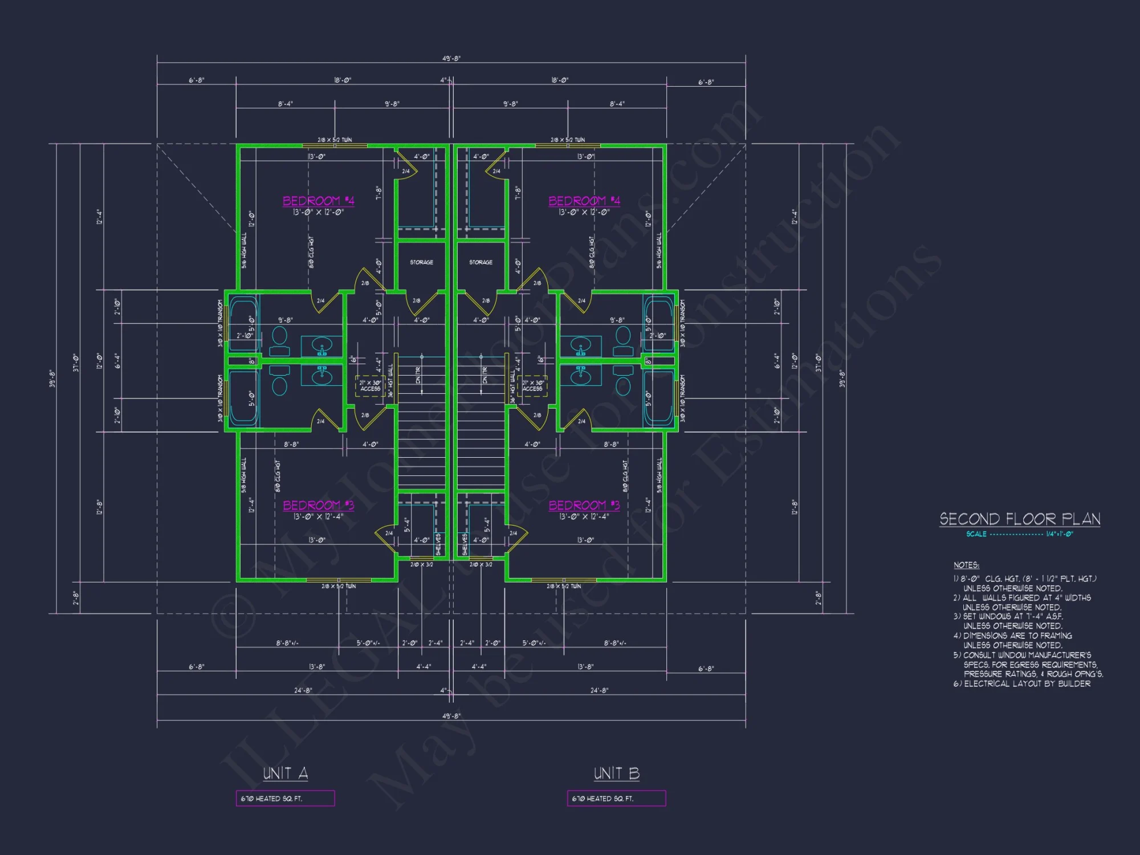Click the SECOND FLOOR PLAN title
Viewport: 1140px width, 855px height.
[x=1020, y=519]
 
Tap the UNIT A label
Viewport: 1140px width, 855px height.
[x=286, y=773]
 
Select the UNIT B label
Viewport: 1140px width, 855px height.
[x=617, y=773]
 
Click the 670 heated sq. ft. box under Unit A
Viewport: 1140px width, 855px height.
[x=285, y=799]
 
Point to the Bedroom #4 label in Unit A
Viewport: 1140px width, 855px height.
[x=319, y=201]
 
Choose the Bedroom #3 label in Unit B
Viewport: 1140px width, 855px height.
[x=584, y=505]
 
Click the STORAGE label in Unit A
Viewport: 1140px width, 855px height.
[x=421, y=262]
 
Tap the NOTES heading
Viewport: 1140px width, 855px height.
[x=966, y=565]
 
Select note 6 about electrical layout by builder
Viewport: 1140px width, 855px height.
[x=1022, y=683]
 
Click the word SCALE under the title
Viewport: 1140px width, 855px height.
[x=976, y=534]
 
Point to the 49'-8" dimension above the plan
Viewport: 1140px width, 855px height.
[x=451, y=58]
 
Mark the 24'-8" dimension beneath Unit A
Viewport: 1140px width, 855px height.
[x=303, y=690]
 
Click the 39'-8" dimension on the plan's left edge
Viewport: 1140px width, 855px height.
[x=52, y=378]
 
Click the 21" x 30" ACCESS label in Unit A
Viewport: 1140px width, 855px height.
[x=370, y=386]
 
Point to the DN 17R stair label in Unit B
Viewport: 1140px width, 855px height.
[x=485, y=374]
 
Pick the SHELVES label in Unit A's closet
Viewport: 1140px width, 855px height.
[x=438, y=544]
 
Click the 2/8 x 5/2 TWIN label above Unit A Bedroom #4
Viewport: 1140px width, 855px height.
[x=335, y=140]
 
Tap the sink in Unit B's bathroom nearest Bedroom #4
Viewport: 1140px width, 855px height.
[x=581, y=346]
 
